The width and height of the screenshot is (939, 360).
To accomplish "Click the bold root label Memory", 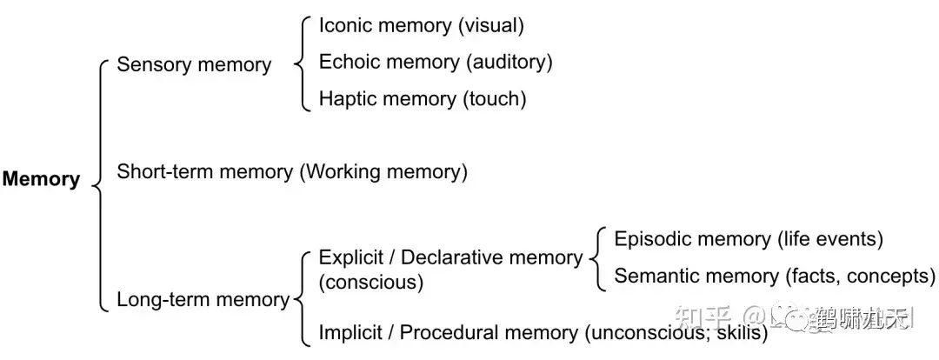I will coord(41,180).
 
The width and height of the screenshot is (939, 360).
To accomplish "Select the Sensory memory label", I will coord(194,65).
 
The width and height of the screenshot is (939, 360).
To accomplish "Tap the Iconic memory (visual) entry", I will coord(421,25).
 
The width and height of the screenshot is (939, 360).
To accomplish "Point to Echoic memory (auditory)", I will coord(436,62).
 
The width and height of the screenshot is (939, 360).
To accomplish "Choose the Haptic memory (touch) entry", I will coord(423,99).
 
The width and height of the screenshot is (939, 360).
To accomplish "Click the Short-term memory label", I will coord(204,172).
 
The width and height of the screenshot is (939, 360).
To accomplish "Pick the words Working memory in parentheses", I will coord(383,172).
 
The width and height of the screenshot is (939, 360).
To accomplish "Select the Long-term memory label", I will coord(203,300).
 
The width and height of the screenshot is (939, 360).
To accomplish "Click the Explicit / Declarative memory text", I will coord(450,257).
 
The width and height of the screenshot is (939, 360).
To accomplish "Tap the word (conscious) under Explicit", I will coord(371,283).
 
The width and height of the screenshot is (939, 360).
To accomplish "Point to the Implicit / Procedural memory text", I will coord(447,332).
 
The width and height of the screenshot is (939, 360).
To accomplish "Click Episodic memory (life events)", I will coord(749,239).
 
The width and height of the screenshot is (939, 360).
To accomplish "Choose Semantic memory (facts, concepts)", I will coord(775,277).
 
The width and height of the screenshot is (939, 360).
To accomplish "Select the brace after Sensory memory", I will coord(302,63).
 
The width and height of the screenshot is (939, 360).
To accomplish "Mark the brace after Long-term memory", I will coord(302,298).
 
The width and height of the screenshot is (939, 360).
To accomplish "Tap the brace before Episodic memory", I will coord(597,258).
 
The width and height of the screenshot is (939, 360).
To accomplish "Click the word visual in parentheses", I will coord(490,25).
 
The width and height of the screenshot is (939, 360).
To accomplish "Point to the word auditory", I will coord(509,62).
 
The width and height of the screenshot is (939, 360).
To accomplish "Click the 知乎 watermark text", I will coord(708,320).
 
